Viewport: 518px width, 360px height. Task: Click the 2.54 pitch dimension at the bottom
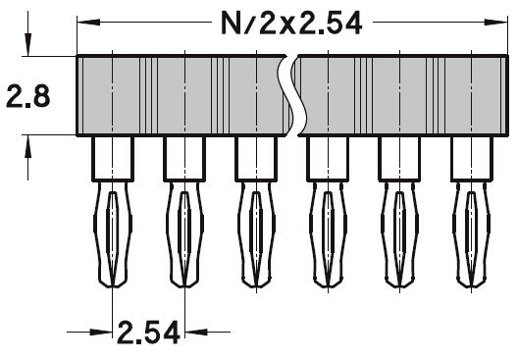tap(148, 331)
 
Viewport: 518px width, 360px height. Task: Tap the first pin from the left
tap(112, 231)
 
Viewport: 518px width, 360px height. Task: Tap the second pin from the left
tap(183, 231)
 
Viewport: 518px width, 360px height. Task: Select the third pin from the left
tap(255, 231)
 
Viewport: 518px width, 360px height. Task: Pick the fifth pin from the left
tap(398, 231)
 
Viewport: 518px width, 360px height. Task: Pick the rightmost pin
tap(470, 231)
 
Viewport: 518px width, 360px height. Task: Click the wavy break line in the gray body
tap(292, 94)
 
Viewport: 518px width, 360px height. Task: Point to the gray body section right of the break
tap(402, 94)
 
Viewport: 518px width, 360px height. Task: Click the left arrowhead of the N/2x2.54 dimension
tap(85, 24)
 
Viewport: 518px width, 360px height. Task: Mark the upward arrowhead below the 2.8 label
tap(31, 143)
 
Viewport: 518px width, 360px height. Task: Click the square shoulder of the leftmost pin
tap(112, 157)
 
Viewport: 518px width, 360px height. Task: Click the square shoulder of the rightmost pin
tap(470, 157)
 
